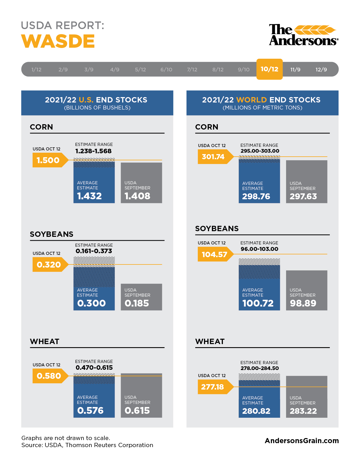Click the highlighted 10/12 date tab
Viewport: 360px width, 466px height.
[x=269, y=69]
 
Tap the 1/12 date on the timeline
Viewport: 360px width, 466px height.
[x=36, y=69]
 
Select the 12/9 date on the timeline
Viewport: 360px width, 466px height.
[x=321, y=69]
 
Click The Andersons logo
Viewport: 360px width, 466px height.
[x=303, y=35]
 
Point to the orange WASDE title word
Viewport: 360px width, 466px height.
[x=58, y=41]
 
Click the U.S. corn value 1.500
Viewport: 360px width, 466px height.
[x=48, y=160]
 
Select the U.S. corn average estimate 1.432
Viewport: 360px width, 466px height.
[x=89, y=196]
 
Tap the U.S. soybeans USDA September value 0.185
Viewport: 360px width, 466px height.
[x=137, y=303]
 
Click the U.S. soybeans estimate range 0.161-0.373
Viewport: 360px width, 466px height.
[x=94, y=251]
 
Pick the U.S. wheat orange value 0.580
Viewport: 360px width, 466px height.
[x=49, y=376]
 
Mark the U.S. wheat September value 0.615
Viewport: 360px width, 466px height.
[x=137, y=410]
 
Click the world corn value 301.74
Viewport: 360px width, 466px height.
[x=213, y=157]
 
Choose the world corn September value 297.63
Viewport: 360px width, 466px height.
[x=303, y=196]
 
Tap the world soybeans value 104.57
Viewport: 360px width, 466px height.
[x=214, y=254]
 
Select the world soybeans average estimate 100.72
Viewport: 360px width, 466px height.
[x=258, y=303]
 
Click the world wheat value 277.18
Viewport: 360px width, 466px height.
[x=212, y=387]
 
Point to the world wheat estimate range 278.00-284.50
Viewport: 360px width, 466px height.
[x=260, y=368]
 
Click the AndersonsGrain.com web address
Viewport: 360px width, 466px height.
[x=302, y=441]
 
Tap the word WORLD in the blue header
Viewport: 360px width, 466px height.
[x=251, y=100]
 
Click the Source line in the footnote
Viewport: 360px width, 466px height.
[x=87, y=445]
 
